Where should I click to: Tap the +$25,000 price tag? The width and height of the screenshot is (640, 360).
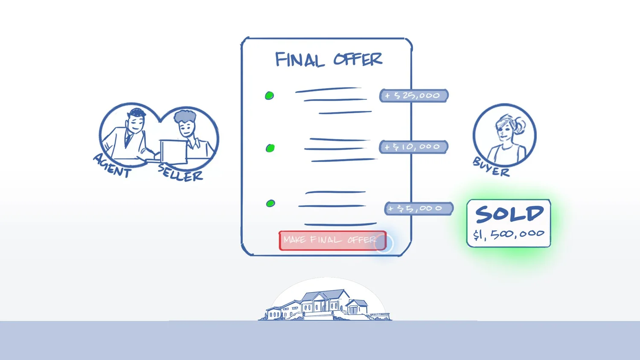tap(413, 96)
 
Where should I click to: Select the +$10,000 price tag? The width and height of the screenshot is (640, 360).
tap(413, 147)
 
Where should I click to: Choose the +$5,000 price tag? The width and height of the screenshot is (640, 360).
tap(419, 209)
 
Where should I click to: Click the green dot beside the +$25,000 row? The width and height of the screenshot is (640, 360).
tap(269, 96)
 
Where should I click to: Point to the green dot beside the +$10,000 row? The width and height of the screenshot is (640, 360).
tap(270, 148)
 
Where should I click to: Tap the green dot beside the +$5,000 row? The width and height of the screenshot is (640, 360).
tap(271, 203)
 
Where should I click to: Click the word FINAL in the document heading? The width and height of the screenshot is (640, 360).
tap(300, 60)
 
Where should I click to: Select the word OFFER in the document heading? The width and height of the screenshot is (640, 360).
tap(358, 59)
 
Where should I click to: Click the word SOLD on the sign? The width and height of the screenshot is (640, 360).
tap(509, 214)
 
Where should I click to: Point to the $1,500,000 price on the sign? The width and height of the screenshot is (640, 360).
tap(509, 234)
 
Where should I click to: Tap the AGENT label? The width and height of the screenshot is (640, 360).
tap(112, 166)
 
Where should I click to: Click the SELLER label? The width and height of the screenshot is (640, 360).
tap(180, 173)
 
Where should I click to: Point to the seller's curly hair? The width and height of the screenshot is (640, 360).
tap(185, 116)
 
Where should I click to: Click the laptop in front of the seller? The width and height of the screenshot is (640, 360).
tap(173, 151)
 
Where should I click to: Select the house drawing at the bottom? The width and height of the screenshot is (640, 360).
tap(325, 305)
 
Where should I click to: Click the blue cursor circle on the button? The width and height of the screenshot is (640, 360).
tap(384, 244)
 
